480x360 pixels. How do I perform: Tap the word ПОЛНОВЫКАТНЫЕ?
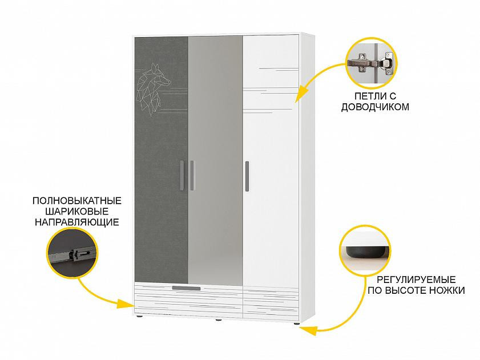[77, 201]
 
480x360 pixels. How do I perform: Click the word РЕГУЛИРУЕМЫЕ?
[413, 280]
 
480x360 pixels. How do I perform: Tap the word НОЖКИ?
[447, 290]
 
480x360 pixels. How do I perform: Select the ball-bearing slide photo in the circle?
[71, 252]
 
